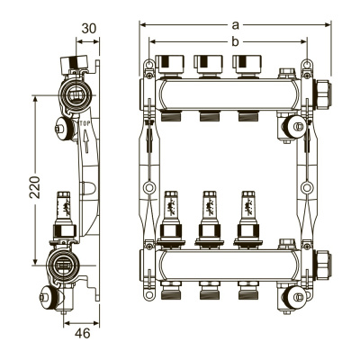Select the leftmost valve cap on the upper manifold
(170, 64)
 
